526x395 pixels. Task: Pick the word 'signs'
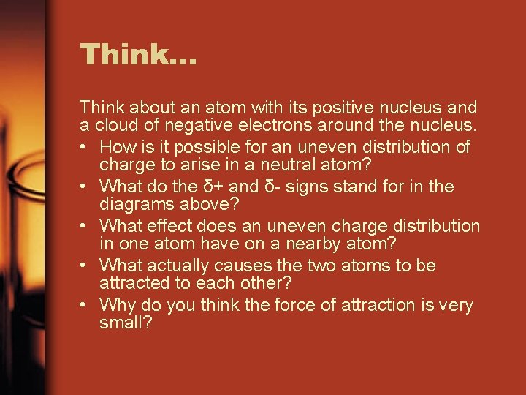308,187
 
